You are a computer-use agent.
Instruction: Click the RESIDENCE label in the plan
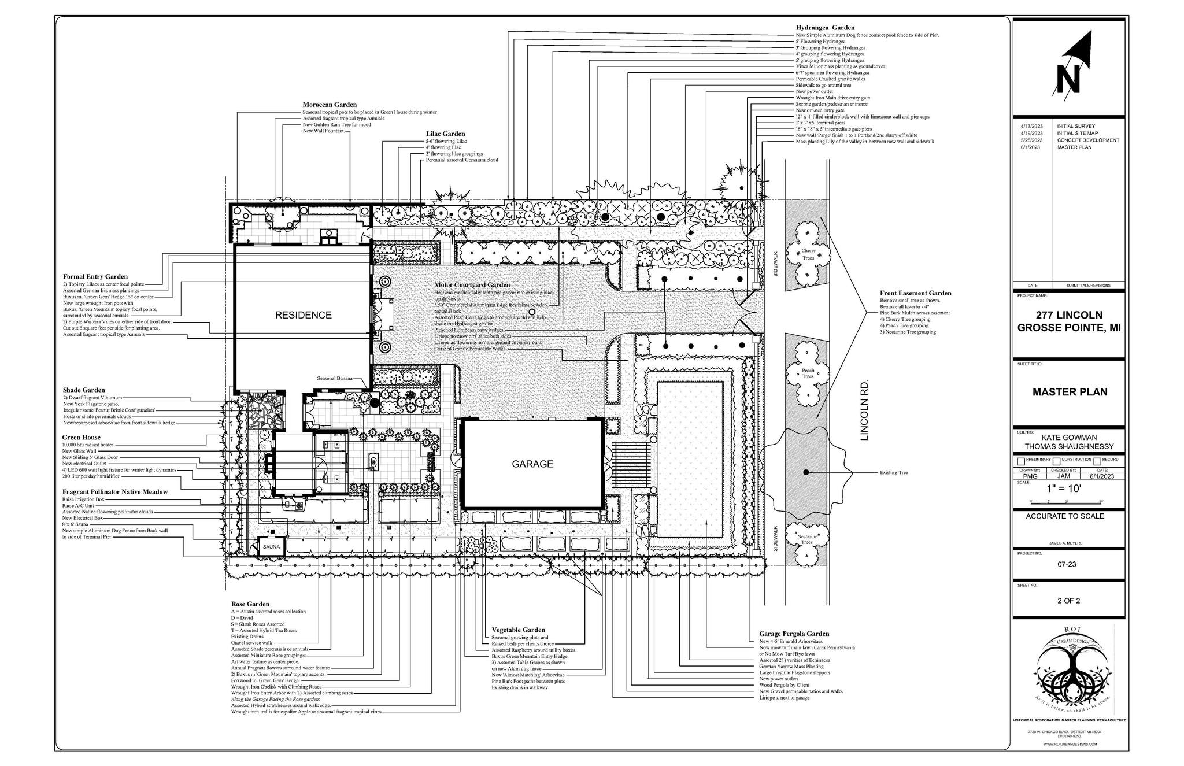[x=303, y=315]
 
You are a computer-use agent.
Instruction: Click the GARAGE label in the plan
[x=532, y=464]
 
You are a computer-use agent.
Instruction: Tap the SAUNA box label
[x=271, y=546]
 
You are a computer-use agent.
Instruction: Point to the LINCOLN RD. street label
[x=864, y=410]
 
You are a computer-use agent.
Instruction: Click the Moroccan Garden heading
[x=330, y=105]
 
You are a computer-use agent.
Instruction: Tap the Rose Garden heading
[x=250, y=604]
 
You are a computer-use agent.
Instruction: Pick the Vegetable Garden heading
[x=518, y=630]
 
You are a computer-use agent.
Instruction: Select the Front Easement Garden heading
[x=915, y=293]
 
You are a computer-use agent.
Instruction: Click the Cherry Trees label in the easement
[x=808, y=254]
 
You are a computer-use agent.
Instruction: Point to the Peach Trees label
[x=808, y=373]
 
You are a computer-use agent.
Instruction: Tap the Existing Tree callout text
[x=894, y=472]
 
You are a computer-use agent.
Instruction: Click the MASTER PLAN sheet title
[x=1070, y=392]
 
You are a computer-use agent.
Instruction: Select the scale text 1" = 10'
[x=1064, y=489]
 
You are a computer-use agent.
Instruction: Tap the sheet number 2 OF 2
[x=1068, y=601]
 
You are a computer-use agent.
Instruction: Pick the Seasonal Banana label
[x=334, y=378]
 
